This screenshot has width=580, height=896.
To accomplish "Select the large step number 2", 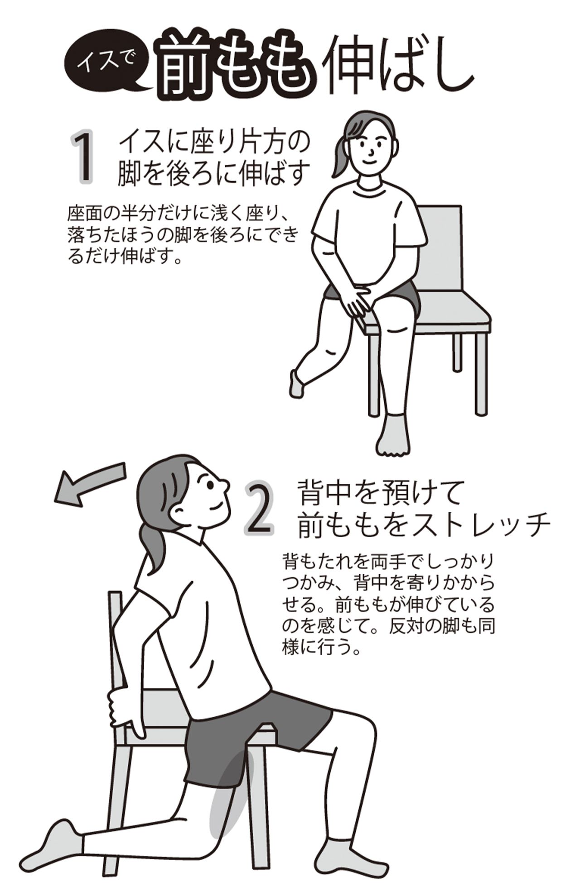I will click(x=259, y=508).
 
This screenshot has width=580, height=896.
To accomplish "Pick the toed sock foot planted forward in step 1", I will click(x=392, y=435).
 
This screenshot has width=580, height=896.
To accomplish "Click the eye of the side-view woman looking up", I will click(x=210, y=484).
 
